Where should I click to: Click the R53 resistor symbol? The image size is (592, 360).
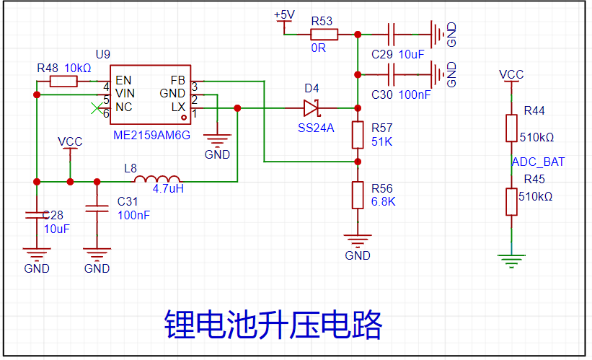click(324, 35)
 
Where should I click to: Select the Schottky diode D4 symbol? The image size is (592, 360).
click(312, 108)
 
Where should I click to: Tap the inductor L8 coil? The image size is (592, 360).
click(156, 179)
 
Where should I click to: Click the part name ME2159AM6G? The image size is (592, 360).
click(151, 135)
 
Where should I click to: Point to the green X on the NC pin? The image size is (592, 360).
click(97, 108)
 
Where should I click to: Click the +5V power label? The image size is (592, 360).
click(284, 15)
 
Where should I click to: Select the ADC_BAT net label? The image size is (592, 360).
click(538, 162)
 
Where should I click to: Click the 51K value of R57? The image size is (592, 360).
click(381, 142)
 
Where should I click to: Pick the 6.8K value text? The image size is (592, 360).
click(383, 202)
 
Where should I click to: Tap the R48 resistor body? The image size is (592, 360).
click(63, 82)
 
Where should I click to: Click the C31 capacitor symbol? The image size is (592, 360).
click(97, 208)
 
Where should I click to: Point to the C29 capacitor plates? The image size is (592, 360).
click(391, 35)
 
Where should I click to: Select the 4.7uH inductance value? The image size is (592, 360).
click(168, 188)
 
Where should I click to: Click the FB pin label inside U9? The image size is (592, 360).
click(178, 81)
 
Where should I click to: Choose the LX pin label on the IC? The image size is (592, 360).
click(178, 107)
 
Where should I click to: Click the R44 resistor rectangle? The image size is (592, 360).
click(511, 128)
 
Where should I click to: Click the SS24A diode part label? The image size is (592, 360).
click(316, 128)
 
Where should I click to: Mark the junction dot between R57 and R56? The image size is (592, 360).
click(358, 162)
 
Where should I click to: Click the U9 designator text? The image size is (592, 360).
click(102, 55)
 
